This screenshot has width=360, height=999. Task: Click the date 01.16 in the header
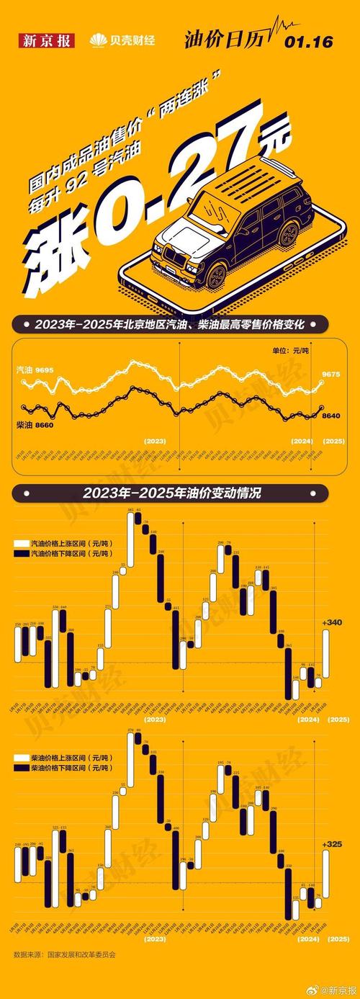(x=308, y=42)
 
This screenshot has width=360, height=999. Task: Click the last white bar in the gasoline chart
(x=327, y=653)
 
